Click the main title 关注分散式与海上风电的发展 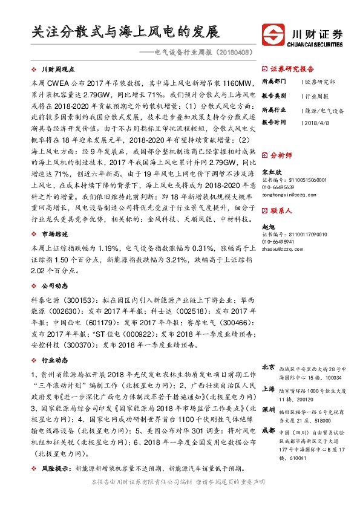point(125,31)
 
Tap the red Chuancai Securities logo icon point(274,34)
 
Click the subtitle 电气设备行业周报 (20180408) point(204,53)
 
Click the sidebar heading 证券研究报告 point(292,69)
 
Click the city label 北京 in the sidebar point(269,367)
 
